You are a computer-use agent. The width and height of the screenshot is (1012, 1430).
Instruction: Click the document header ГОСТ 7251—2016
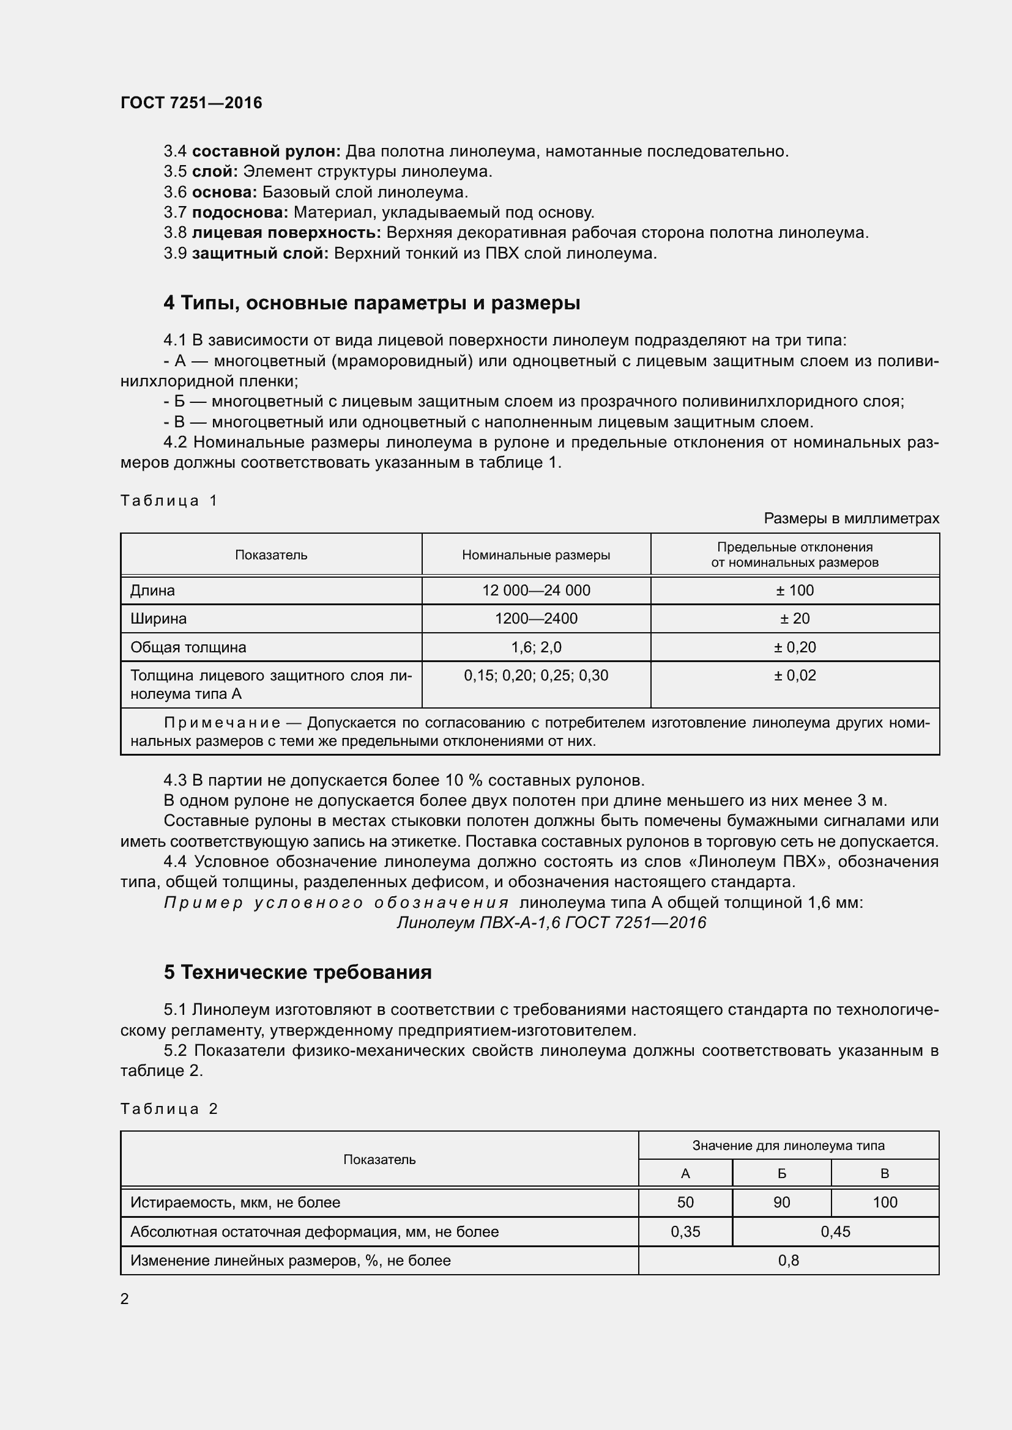[x=192, y=103]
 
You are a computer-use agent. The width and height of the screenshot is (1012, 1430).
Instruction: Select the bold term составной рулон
[x=266, y=152]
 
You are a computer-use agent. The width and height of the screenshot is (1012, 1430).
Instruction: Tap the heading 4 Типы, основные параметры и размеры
[x=372, y=303]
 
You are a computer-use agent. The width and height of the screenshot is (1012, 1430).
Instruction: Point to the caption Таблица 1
[x=169, y=501]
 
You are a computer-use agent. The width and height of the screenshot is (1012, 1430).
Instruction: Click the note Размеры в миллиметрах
[x=851, y=518]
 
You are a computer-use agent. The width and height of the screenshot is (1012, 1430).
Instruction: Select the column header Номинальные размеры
[x=536, y=555]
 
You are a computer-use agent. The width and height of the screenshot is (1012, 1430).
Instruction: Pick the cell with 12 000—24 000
[x=536, y=591]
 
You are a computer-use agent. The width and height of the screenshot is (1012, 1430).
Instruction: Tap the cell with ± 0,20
[x=795, y=647]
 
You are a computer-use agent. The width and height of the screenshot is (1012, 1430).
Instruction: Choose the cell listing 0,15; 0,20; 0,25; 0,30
[x=536, y=676]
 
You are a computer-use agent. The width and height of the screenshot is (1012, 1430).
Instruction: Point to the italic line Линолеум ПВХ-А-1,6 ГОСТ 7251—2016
[x=551, y=923]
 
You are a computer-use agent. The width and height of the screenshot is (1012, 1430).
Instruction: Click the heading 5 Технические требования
[x=298, y=973]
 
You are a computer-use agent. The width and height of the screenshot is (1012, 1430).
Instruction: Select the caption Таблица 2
[x=169, y=1108]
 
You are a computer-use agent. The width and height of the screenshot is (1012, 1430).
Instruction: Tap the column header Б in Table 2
[x=781, y=1174]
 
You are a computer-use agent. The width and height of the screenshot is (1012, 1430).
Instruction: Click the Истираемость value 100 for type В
[x=885, y=1203]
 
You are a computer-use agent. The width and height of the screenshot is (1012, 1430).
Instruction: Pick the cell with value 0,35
[x=685, y=1231]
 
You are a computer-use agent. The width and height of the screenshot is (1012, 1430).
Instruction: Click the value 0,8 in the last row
[x=788, y=1260]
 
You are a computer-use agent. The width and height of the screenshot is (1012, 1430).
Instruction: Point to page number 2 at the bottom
[x=125, y=1299]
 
